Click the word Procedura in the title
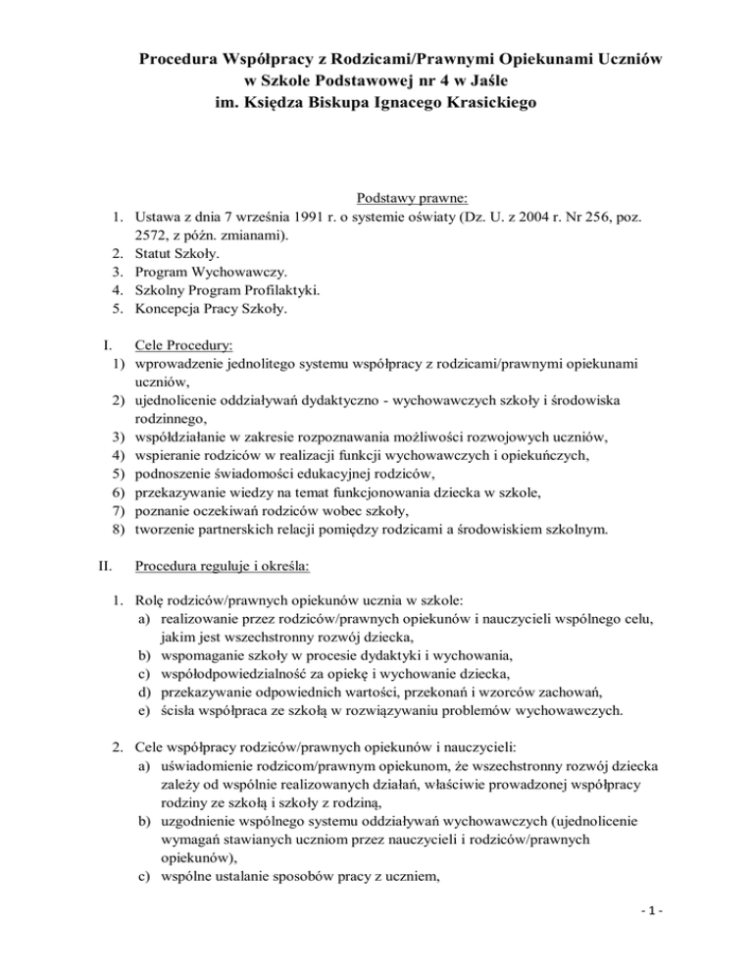point(184,61)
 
